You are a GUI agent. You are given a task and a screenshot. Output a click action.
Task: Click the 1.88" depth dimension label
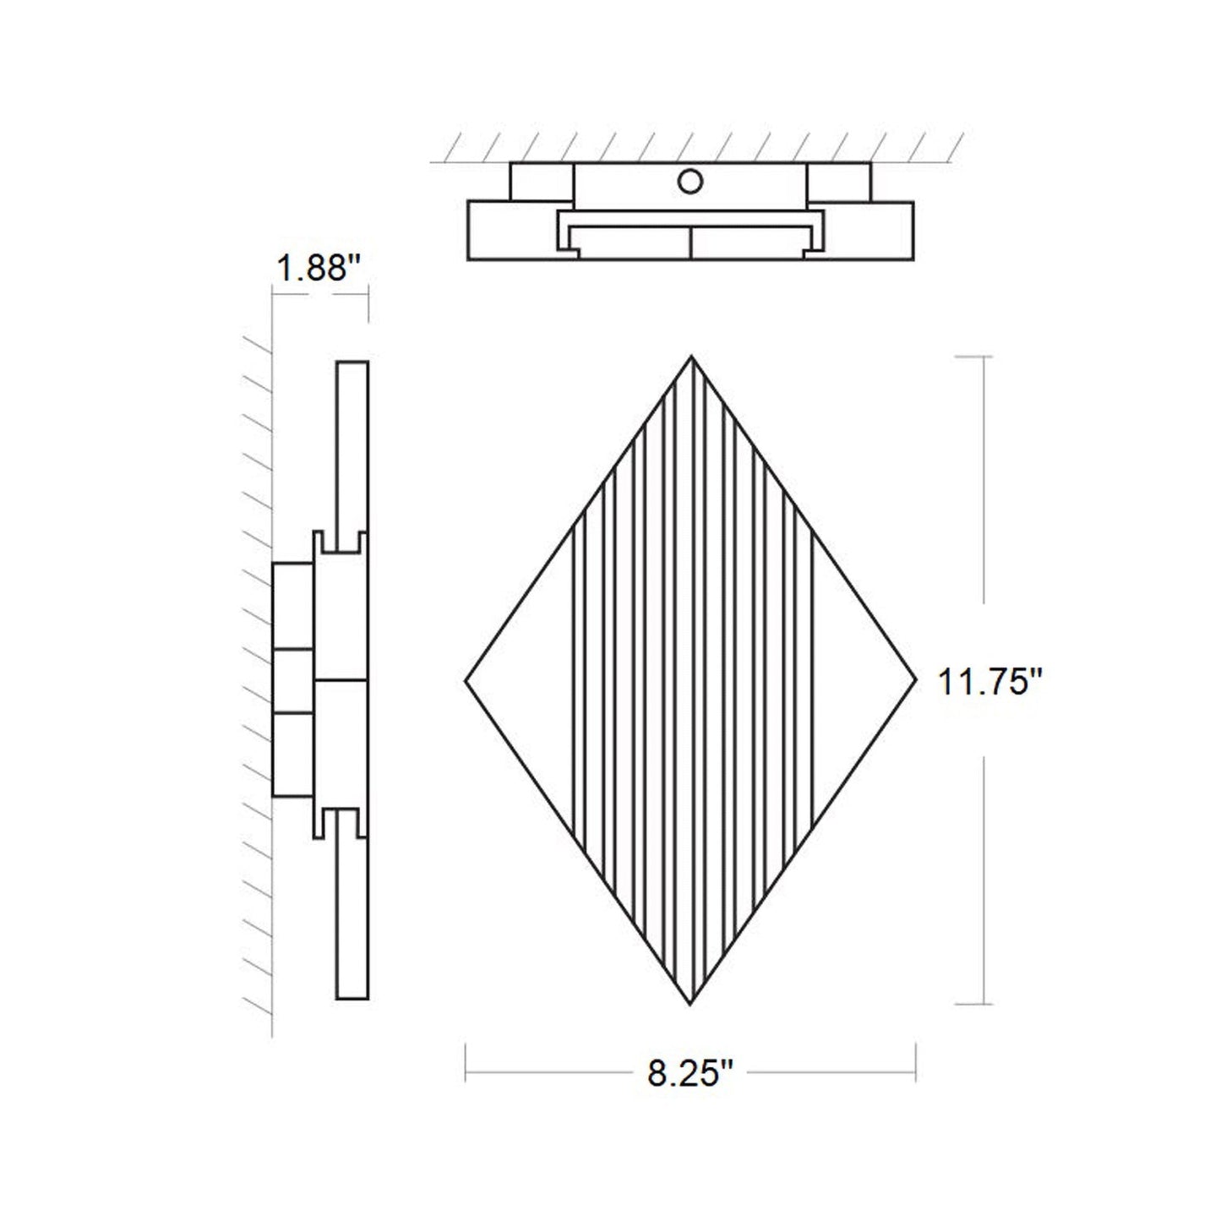(x=319, y=270)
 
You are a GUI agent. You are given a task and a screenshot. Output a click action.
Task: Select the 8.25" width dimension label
(x=690, y=1075)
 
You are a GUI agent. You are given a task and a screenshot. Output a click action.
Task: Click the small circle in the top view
(x=690, y=182)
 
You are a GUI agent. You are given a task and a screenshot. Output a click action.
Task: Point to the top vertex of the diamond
(x=691, y=357)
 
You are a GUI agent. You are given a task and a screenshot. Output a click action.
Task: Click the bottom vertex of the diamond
(x=690, y=1004)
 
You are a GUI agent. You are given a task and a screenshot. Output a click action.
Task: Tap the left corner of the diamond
(x=466, y=679)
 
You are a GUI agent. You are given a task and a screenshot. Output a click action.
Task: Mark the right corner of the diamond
(x=915, y=679)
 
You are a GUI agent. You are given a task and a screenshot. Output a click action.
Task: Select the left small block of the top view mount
(x=542, y=182)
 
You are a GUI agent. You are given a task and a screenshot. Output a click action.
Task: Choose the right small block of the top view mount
(x=838, y=182)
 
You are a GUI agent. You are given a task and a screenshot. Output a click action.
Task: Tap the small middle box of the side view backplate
(x=292, y=681)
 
